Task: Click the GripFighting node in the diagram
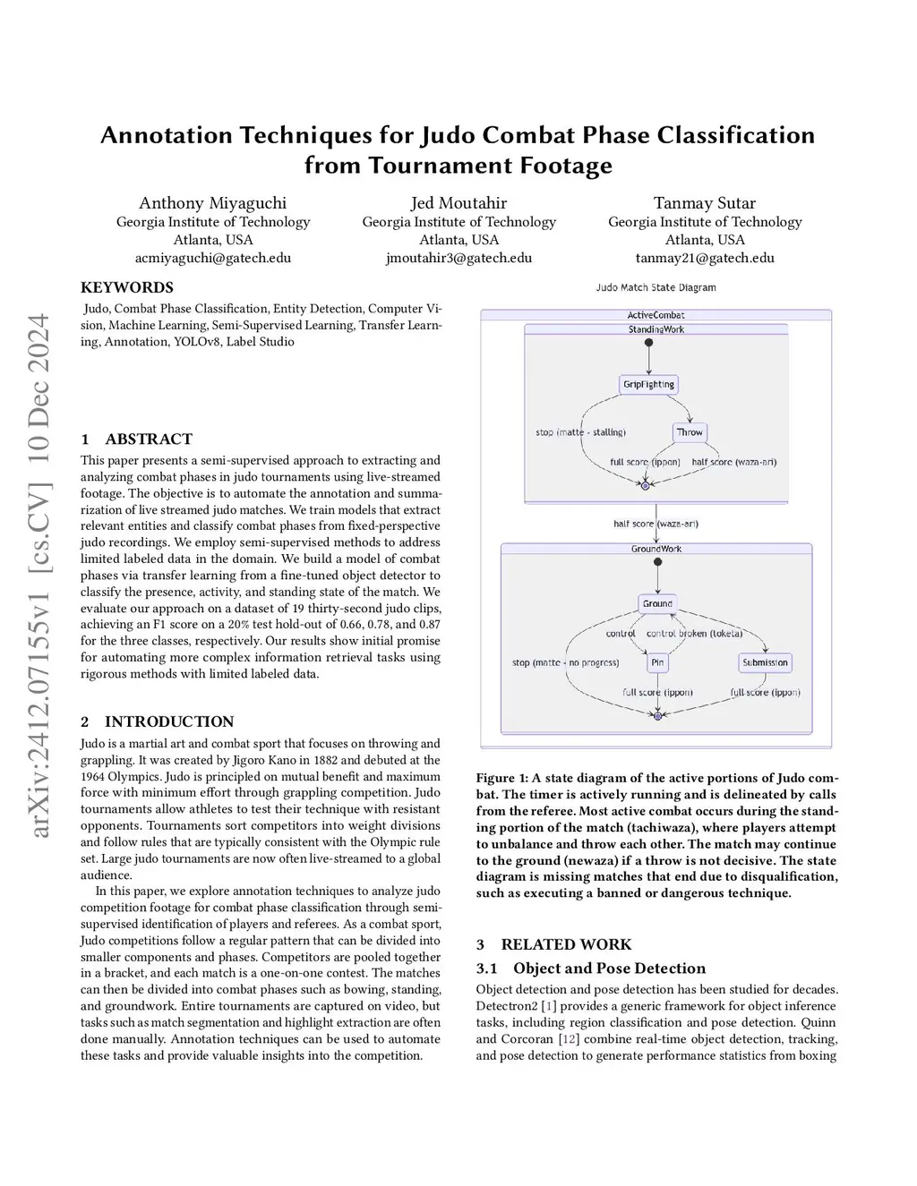pyautogui.click(x=648, y=385)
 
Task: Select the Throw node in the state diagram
pyautogui.click(x=690, y=432)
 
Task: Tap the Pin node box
pyautogui.click(x=657, y=663)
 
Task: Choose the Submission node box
pyautogui.click(x=765, y=663)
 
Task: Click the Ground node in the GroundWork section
pyautogui.click(x=657, y=604)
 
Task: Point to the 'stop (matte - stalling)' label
pyautogui.click(x=580, y=432)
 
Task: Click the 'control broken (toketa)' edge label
pyautogui.click(x=695, y=634)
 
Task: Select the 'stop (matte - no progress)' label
pyautogui.click(x=565, y=663)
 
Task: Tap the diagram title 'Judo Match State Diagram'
pyautogui.click(x=656, y=287)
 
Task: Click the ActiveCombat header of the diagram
pyautogui.click(x=656, y=315)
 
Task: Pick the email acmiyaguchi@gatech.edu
pyautogui.click(x=213, y=258)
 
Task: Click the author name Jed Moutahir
pyautogui.click(x=458, y=203)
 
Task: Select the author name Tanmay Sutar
pyautogui.click(x=705, y=203)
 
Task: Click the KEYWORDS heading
pyautogui.click(x=127, y=287)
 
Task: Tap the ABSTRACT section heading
pyautogui.click(x=148, y=439)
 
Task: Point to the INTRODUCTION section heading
pyautogui.click(x=168, y=721)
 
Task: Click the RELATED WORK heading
pyautogui.click(x=566, y=944)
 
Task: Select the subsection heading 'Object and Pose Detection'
pyautogui.click(x=609, y=968)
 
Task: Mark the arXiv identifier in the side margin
pyautogui.click(x=39, y=576)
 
